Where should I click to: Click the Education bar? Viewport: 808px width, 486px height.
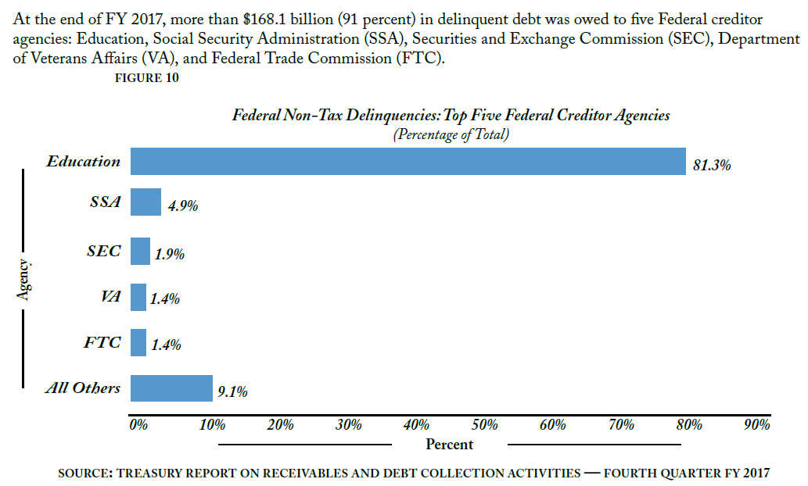(x=408, y=162)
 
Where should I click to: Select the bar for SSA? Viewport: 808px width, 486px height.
(x=145, y=202)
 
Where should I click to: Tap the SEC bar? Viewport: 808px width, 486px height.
(x=140, y=251)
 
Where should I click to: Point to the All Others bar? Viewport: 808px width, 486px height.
(x=171, y=388)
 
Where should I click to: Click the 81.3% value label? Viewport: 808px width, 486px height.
(x=712, y=166)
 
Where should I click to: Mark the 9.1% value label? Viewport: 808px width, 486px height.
(x=232, y=392)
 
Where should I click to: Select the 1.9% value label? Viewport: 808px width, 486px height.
(x=169, y=255)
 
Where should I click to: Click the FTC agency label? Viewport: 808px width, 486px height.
(x=102, y=342)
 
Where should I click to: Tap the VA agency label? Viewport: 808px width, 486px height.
(x=111, y=296)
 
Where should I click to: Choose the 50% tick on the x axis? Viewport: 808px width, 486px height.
(x=486, y=425)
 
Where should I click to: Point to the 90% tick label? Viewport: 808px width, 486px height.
(x=757, y=425)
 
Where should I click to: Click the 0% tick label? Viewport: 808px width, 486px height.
(x=138, y=425)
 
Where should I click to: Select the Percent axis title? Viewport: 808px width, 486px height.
(x=449, y=445)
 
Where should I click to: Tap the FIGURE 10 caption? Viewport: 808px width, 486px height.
(x=147, y=77)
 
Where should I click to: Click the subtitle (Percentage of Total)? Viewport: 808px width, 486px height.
(x=451, y=134)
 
